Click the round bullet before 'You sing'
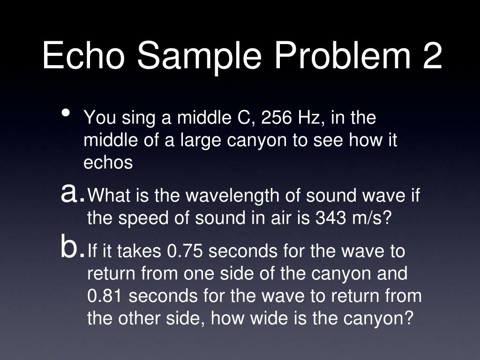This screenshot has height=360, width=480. pyautogui.click(x=66, y=113)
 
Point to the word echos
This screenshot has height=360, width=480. pyautogui.click(x=108, y=163)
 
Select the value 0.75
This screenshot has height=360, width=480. pyautogui.click(x=185, y=251)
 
